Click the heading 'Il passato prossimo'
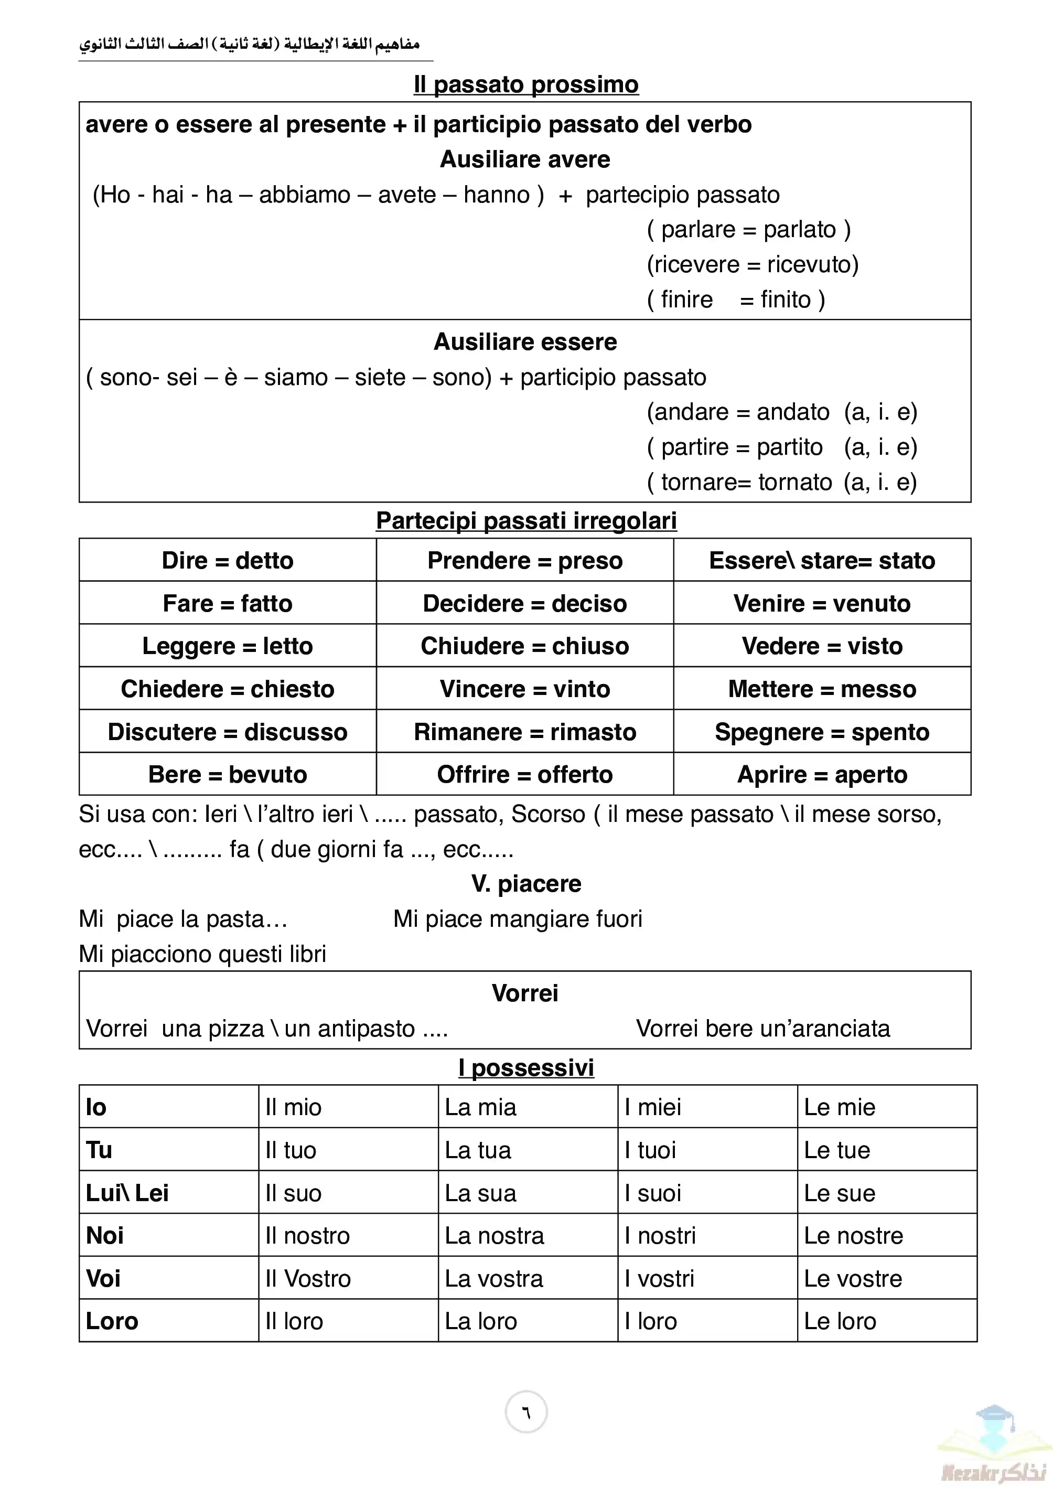(x=526, y=85)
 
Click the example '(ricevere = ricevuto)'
(x=752, y=264)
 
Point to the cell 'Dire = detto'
(x=228, y=560)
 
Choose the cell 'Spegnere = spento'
(x=822, y=732)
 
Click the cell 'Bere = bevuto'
(x=228, y=774)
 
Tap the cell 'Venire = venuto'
(x=822, y=603)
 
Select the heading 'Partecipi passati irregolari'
(x=526, y=521)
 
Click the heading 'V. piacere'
(x=526, y=884)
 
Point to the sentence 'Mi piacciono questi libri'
(x=202, y=954)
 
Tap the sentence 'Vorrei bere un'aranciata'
(x=762, y=1029)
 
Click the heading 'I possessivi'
(x=526, y=1068)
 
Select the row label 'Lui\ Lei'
(x=127, y=1193)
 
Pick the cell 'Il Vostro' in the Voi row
(x=308, y=1278)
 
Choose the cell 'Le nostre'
(x=853, y=1235)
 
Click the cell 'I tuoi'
(x=650, y=1150)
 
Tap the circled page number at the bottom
(x=526, y=1412)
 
